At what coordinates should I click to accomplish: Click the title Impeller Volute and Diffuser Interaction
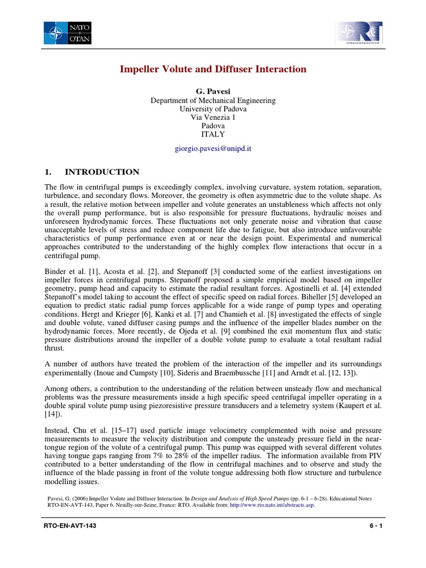tap(214, 69)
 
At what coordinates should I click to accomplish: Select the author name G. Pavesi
tap(214, 90)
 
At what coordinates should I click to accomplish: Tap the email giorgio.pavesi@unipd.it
tap(214, 149)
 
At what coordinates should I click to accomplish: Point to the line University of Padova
tap(214, 109)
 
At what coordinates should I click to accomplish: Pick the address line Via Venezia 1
tap(214, 118)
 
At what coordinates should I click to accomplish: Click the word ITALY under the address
tap(214, 134)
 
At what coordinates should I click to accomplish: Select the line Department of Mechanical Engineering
tap(214, 100)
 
